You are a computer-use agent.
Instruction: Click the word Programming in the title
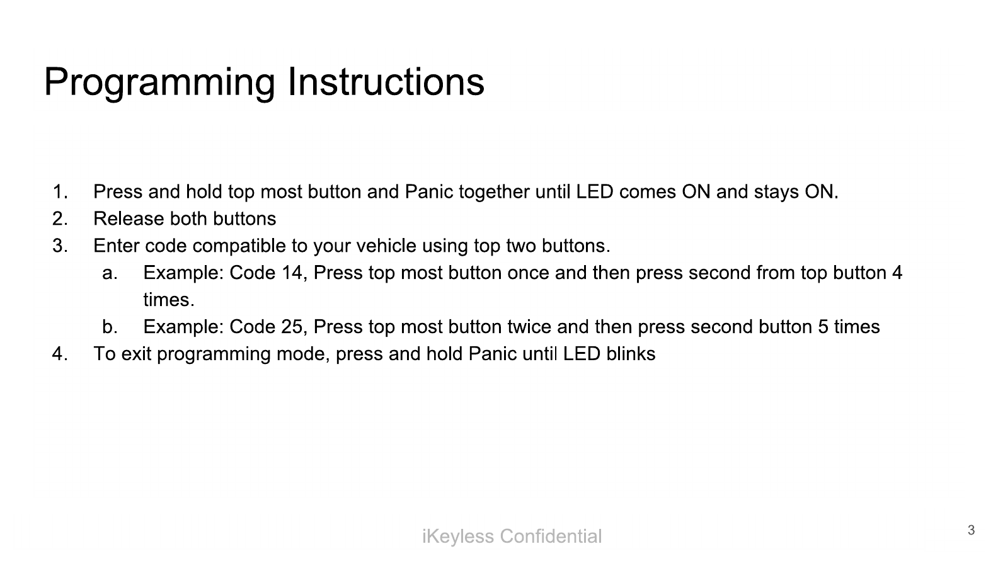tap(159, 83)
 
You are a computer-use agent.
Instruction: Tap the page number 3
tap(972, 530)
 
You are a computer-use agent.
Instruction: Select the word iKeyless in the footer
tap(458, 536)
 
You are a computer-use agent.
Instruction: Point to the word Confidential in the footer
tap(551, 536)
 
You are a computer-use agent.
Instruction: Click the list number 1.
tap(60, 192)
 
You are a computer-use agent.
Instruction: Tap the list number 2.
tap(60, 219)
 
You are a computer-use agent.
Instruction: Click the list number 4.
tap(60, 354)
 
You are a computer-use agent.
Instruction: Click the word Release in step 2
tap(129, 218)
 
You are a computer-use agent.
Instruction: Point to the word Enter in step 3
tap(117, 246)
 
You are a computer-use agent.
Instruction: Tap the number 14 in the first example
tap(292, 273)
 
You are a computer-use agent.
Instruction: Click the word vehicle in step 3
tap(386, 246)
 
